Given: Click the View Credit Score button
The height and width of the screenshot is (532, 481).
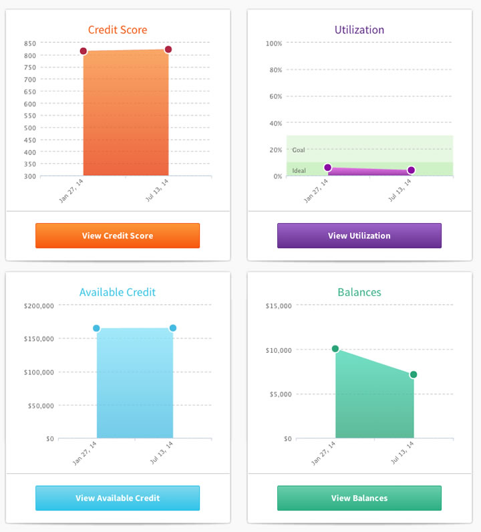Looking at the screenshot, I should (118, 235).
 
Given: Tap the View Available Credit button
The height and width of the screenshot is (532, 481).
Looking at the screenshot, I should (118, 498).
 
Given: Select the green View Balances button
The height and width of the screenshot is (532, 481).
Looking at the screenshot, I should (359, 498).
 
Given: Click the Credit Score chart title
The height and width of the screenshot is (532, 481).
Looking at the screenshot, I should (118, 30).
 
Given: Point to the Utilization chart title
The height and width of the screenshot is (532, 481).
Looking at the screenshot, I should (359, 30).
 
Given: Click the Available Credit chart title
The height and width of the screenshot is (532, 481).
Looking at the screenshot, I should (118, 292).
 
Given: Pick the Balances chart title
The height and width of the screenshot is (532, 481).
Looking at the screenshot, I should (359, 292).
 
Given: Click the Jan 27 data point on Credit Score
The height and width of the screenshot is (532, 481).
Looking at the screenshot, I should (84, 51).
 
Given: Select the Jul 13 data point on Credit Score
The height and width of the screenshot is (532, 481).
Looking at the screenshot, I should (168, 49).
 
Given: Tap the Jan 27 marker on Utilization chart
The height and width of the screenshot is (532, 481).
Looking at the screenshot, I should (327, 168).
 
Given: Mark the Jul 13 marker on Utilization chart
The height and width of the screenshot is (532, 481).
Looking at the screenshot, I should (411, 170).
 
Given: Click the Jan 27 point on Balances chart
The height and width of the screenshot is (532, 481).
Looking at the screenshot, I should (335, 349).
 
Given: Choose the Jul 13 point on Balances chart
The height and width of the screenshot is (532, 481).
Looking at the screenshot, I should (414, 374).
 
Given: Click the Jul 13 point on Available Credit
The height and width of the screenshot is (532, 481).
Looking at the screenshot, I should (173, 328).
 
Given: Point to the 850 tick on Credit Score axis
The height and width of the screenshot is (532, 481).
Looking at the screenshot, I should (29, 43).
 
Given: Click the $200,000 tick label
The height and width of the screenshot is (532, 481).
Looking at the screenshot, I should (39, 305).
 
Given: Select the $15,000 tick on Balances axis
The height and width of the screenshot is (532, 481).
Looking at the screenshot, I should (279, 305).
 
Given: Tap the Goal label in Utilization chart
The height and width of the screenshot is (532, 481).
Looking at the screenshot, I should (299, 150).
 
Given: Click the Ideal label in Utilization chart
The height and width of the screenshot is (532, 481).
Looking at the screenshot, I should (299, 171).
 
